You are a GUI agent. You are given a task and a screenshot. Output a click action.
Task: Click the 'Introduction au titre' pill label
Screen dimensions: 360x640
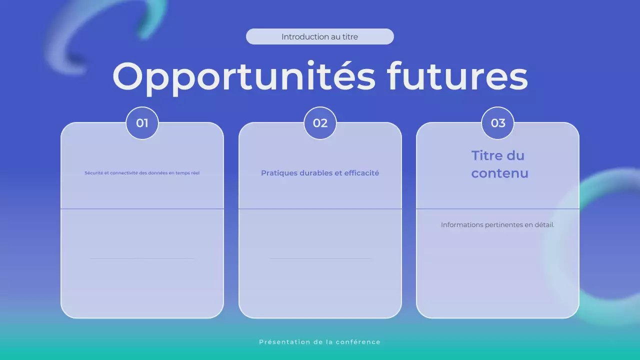click(x=319, y=36)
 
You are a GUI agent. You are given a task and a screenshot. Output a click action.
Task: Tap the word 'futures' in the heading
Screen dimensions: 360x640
click(x=457, y=76)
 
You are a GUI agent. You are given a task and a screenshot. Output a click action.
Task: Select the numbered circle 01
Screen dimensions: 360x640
click(x=142, y=123)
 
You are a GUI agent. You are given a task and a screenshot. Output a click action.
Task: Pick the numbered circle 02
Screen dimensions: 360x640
click(x=320, y=123)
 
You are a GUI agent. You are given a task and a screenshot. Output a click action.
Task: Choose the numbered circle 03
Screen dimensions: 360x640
click(x=497, y=123)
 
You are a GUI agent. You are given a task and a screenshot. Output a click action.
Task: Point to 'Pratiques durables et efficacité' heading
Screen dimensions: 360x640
click(x=320, y=173)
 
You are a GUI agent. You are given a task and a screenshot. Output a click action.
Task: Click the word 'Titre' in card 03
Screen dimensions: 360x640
click(x=487, y=155)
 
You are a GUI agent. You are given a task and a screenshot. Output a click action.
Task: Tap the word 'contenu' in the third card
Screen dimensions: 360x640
click(x=499, y=173)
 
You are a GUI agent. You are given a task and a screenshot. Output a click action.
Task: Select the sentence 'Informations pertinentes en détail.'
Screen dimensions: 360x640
click(x=497, y=225)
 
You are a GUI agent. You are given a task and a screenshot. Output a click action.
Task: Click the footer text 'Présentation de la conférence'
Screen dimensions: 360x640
click(x=320, y=342)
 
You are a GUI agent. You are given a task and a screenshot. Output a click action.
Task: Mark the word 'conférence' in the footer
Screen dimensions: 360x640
click(x=358, y=342)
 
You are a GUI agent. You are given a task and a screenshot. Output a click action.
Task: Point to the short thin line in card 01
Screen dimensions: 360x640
click(x=142, y=258)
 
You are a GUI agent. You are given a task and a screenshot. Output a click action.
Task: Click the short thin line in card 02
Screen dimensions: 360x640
click(x=320, y=258)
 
